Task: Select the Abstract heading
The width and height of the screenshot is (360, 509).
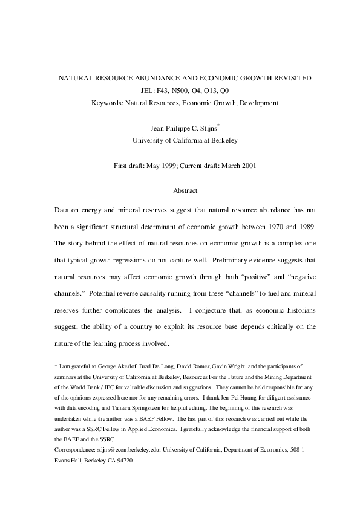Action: click(185, 191)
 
